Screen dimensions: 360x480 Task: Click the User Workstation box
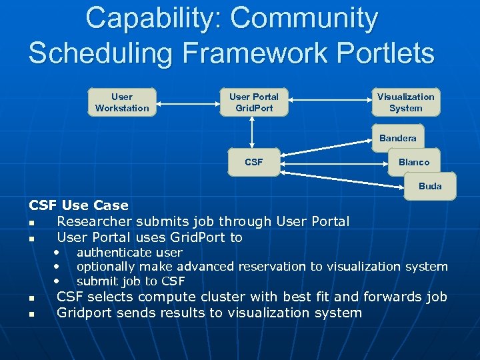tap(122, 103)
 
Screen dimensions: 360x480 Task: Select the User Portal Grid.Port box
tap(254, 103)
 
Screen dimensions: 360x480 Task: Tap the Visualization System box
tap(405, 103)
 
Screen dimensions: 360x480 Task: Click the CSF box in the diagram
tap(254, 162)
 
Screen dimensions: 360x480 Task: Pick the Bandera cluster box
tap(397, 138)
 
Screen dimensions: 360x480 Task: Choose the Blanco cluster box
tap(414, 162)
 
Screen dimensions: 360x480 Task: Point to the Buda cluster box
tap(430, 186)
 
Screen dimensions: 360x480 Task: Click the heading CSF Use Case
tap(79, 205)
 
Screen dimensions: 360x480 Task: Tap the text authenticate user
tap(129, 253)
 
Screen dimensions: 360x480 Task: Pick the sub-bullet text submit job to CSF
tap(131, 281)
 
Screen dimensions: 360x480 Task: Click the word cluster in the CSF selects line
tap(233, 297)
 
